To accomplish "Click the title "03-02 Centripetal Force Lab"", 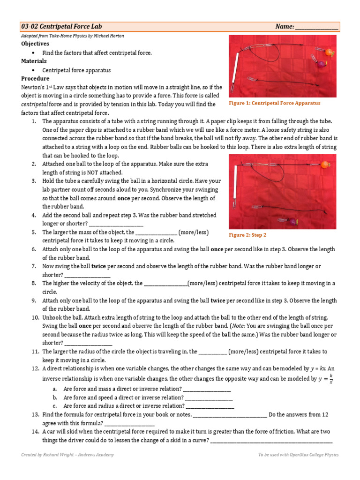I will (x=61, y=27).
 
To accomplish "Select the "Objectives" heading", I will (x=35, y=44).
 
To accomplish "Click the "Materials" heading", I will (x=34, y=61).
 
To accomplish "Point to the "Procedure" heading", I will (x=35, y=78).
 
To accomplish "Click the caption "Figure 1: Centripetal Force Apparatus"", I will (x=274, y=103).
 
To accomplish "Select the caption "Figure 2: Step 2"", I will (x=247, y=235).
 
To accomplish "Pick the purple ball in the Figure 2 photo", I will (x=292, y=221).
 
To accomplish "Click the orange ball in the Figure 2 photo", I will (x=324, y=165).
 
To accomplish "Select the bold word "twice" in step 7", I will (x=99, y=266).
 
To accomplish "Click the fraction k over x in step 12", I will (x=331, y=379).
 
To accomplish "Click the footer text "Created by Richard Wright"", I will (x=67, y=455).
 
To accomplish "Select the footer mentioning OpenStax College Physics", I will (x=298, y=455).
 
